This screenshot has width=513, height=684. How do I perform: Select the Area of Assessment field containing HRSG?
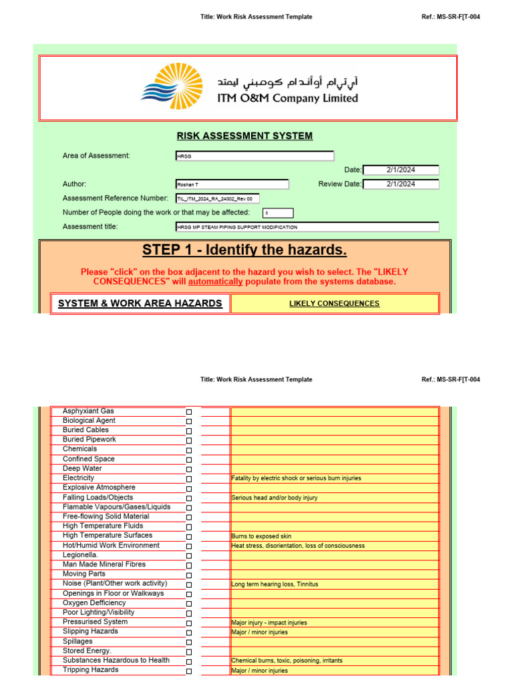(254, 156)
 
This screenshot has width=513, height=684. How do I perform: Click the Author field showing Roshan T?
(231, 184)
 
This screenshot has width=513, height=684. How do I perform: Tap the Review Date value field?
(401, 184)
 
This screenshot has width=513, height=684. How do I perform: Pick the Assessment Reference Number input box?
(216, 198)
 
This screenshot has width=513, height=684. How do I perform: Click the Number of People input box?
(277, 213)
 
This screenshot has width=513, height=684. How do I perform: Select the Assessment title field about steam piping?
(307, 227)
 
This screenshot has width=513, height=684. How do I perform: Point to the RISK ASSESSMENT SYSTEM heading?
(244, 136)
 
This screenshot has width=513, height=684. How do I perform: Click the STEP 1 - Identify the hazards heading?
(244, 250)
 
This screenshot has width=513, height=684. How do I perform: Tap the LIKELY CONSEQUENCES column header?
(334, 304)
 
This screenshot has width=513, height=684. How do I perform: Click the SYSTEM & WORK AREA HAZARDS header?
(140, 304)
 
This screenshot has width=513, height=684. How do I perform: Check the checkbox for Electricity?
(189, 479)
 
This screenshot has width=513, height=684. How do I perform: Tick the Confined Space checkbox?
(189, 460)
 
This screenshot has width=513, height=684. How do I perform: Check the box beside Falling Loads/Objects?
(189, 498)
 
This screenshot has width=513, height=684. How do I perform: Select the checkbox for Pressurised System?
(189, 623)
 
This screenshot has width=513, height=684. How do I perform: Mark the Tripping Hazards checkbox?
(189, 671)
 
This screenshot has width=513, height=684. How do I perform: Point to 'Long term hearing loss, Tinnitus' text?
(275, 584)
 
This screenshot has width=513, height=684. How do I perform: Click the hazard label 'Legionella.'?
(80, 555)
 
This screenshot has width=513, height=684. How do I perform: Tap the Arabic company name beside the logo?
(287, 83)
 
